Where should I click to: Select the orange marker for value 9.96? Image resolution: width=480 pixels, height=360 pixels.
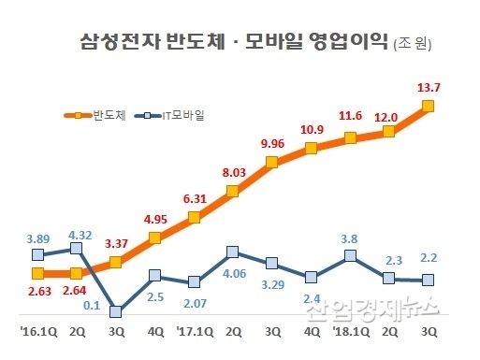[272, 163]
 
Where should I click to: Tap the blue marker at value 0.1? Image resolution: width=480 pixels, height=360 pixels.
[116, 312]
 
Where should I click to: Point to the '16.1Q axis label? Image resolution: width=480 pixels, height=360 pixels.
[37, 331]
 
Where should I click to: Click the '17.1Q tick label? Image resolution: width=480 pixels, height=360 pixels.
[194, 331]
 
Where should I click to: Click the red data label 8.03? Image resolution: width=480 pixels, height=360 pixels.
[233, 172]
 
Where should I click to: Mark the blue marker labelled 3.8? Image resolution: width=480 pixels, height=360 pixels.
[350, 254]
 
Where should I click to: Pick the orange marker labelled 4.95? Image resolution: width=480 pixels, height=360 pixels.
[155, 238]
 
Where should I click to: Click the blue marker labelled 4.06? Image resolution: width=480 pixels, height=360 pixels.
[233, 252]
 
